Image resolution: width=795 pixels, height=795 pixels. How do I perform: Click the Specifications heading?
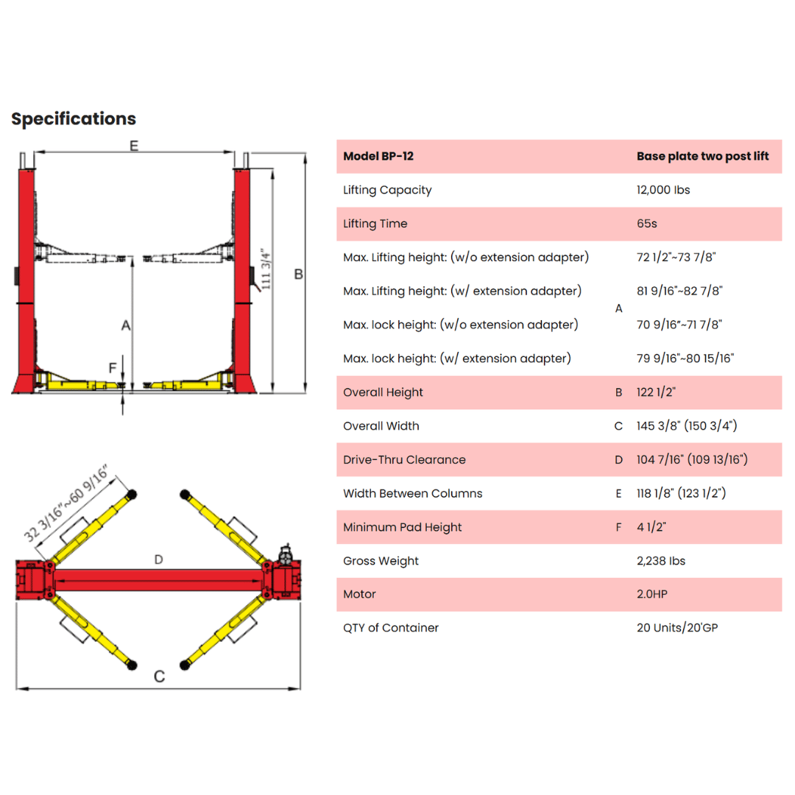pos(74,119)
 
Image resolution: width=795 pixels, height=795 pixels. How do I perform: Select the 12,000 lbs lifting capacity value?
pos(663,190)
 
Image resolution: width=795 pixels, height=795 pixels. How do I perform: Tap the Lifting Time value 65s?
pos(647,224)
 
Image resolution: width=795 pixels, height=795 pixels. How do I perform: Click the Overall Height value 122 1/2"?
pos(656,392)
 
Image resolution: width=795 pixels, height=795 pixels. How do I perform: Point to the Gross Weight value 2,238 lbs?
pos(661,561)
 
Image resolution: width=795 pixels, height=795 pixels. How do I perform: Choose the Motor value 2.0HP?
pos(652,594)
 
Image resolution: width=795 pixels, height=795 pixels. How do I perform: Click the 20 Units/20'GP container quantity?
pos(677,628)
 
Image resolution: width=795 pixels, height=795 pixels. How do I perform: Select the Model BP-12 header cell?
pos(378,156)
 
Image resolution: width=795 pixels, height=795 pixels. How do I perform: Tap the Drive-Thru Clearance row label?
pos(404,460)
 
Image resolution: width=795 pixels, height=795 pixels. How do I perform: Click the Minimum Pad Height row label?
pos(403,527)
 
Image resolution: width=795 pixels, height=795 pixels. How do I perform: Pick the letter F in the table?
pos(618,527)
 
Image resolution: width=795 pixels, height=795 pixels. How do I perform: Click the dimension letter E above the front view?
pos(134,146)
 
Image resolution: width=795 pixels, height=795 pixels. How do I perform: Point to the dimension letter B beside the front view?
pos(299,275)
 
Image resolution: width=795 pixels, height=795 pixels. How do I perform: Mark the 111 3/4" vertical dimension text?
pos(265,269)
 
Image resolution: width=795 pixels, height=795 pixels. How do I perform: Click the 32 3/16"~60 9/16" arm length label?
pos(66,503)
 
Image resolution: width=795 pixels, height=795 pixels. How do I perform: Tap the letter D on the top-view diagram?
pos(159,559)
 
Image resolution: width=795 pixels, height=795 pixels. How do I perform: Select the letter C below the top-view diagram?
pos(159,676)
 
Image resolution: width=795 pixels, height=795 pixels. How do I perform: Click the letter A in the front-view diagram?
pos(126,325)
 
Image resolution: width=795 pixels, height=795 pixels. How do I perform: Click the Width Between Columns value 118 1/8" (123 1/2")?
pos(682,493)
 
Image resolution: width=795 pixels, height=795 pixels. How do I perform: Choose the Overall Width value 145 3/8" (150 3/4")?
pos(687,426)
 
